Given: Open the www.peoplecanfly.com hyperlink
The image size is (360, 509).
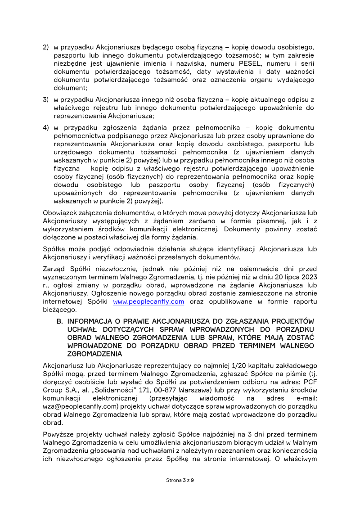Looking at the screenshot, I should click(148, 302).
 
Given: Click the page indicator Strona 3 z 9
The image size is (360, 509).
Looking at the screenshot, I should click(180, 480).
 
